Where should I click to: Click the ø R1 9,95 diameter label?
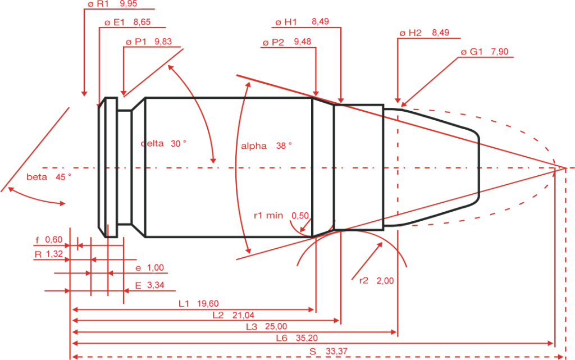112,4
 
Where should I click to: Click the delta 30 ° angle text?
163,144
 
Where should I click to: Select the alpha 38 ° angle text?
267,145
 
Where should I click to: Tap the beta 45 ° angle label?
49,176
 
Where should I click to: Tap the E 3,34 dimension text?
149,286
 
